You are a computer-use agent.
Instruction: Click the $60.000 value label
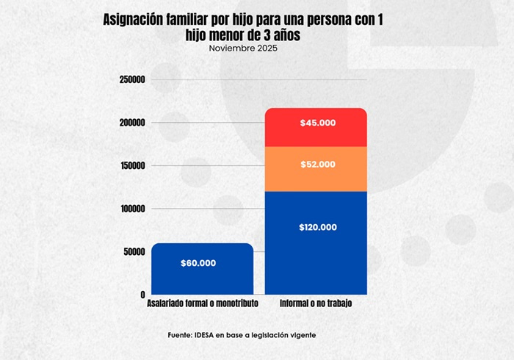point(198,263)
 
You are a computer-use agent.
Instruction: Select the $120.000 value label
point(318,228)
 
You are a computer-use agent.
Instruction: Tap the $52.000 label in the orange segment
point(318,165)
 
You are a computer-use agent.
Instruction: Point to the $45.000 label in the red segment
point(318,123)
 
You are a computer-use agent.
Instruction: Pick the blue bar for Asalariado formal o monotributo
point(202,279)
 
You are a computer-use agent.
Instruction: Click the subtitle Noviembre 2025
point(243,48)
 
